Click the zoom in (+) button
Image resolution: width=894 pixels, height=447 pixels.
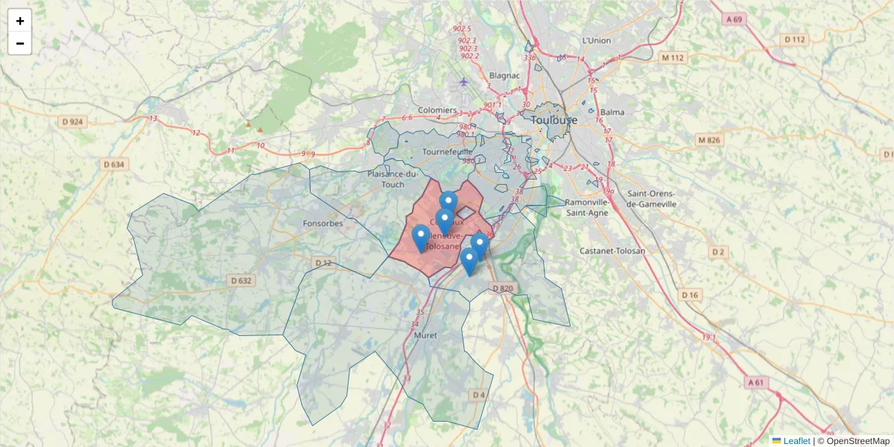pyautogui.click(x=20, y=21)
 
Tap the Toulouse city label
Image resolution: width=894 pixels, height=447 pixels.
pyautogui.click(x=554, y=119)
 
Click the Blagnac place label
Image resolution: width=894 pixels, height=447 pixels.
pyautogui.click(x=504, y=75)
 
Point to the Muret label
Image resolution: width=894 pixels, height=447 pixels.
pyautogui.click(x=425, y=336)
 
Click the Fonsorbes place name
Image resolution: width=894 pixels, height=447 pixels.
pyautogui.click(x=323, y=223)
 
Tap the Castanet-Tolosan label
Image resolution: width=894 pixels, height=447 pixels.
pyautogui.click(x=612, y=251)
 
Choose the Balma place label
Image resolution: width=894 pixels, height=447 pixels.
pyautogui.click(x=612, y=112)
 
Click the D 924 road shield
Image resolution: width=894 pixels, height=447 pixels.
pyautogui.click(x=71, y=121)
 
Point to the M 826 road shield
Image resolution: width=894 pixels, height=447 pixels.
pyautogui.click(x=710, y=139)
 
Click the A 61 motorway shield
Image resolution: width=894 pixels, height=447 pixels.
pyautogui.click(x=755, y=382)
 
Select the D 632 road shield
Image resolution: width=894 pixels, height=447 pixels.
pyautogui.click(x=241, y=280)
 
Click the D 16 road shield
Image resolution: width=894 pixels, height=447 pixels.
pyautogui.click(x=691, y=295)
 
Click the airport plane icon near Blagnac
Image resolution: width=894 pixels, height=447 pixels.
pyautogui.click(x=464, y=82)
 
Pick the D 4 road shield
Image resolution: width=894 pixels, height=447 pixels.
pyautogui.click(x=478, y=394)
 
